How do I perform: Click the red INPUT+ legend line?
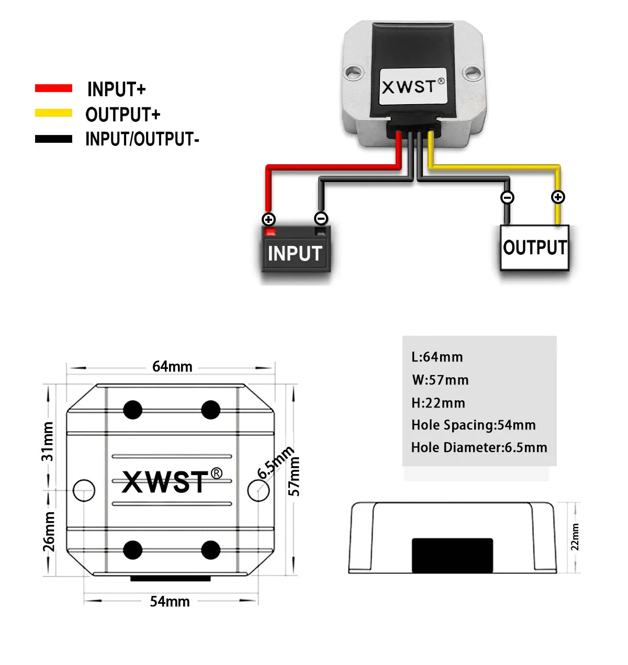[x=53, y=88]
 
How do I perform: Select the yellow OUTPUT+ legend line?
[x=53, y=113]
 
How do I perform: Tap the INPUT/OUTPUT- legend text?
[x=142, y=139]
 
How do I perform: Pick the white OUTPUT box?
[x=534, y=247]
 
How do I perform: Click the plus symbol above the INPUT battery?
[x=268, y=219]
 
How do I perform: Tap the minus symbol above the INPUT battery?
[x=321, y=219]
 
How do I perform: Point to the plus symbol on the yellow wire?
[x=558, y=197]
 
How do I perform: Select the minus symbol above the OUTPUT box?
[x=507, y=197]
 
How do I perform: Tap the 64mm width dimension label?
[x=172, y=366]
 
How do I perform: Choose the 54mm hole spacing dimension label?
[x=170, y=602]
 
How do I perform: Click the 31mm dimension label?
[x=48, y=441]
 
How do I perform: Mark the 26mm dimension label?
[x=49, y=532]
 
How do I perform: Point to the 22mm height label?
[x=575, y=537]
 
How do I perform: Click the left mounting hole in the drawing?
[x=84, y=491]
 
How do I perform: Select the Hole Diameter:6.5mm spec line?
[x=479, y=447]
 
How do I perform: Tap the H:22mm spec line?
[x=438, y=403]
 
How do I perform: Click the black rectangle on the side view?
[x=452, y=555]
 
